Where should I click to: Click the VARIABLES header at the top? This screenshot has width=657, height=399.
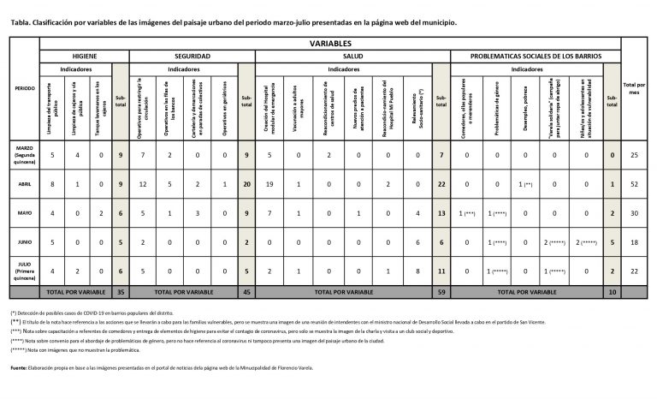(x=329, y=42)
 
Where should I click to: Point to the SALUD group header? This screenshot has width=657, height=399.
(x=354, y=55)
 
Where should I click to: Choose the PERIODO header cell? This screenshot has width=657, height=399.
(x=25, y=88)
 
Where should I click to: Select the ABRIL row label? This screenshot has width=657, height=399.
(x=25, y=182)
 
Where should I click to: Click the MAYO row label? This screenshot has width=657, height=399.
(x=25, y=212)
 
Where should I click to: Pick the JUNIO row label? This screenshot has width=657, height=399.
(x=25, y=242)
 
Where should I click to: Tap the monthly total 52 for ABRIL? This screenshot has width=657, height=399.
(x=634, y=182)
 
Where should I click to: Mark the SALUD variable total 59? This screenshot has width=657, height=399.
(x=441, y=292)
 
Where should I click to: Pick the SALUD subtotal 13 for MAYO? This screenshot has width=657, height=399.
(x=441, y=212)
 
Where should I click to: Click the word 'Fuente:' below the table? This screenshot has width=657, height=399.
(x=19, y=367)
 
